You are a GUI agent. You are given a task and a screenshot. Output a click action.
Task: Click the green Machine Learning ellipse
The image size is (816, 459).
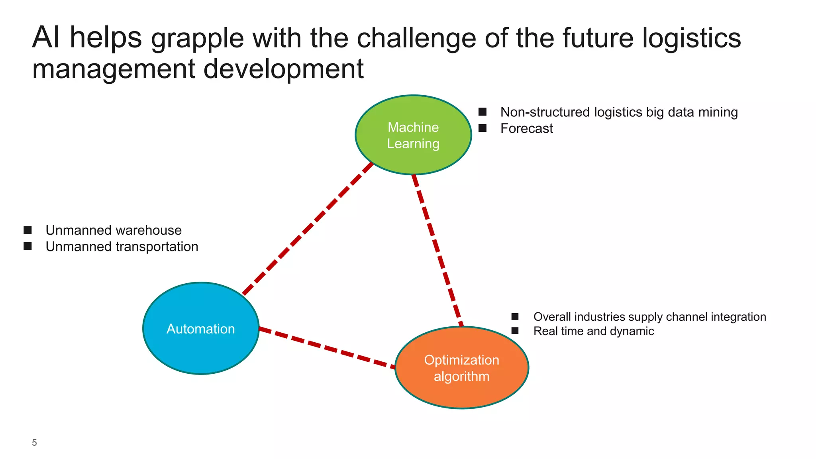click(x=413, y=135)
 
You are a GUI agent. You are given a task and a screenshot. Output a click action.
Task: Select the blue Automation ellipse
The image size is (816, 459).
click(x=201, y=328)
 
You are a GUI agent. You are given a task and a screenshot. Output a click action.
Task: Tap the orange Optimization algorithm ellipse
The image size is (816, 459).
click(x=462, y=368)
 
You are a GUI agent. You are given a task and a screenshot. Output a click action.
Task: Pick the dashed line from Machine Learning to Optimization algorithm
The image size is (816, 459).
click(x=437, y=250)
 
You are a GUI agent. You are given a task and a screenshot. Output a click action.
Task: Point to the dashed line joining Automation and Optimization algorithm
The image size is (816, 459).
click(x=327, y=347)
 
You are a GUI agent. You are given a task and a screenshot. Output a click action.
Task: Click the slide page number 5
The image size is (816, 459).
click(x=34, y=443)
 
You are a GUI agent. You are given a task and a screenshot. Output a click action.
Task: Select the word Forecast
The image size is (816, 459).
click(x=526, y=128)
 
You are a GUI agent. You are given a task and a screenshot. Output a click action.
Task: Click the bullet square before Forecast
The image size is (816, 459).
click(x=482, y=128)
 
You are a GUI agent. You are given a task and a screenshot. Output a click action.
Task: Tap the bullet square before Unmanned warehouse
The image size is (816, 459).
click(x=27, y=230)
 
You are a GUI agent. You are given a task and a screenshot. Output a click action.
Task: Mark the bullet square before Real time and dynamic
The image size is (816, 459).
click(x=515, y=331)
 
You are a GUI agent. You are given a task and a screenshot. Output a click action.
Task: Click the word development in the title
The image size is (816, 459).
click(x=283, y=69)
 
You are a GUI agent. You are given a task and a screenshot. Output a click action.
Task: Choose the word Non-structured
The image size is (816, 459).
click(x=545, y=112)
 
